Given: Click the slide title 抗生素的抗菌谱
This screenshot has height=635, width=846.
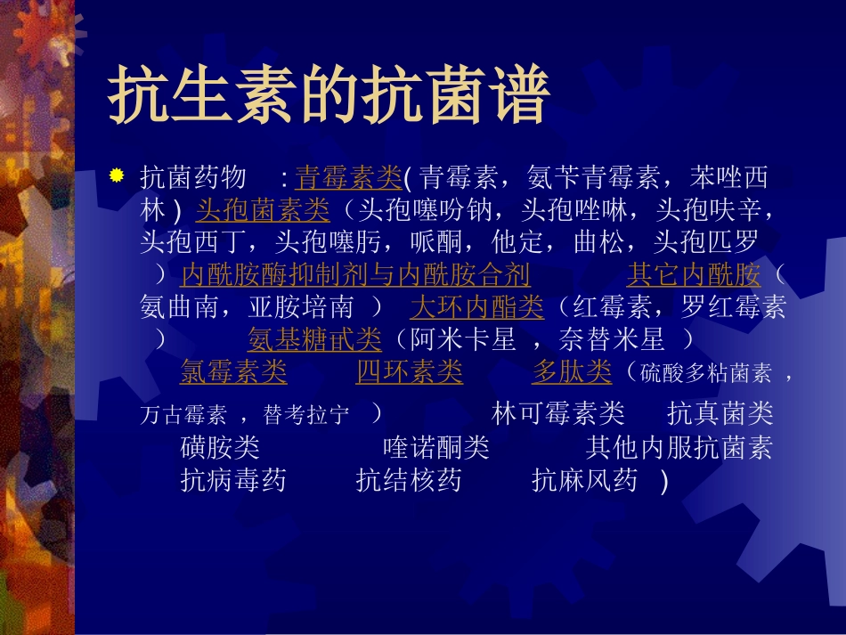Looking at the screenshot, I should (328, 95).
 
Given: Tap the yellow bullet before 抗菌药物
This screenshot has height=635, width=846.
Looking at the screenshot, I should (115, 175).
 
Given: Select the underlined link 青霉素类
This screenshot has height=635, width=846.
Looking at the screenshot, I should (348, 178).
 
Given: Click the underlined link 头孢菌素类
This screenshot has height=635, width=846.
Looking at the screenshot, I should (263, 211).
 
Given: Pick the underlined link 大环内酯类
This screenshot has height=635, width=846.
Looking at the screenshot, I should (476, 307).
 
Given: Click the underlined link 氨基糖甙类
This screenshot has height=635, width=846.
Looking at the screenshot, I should (314, 339).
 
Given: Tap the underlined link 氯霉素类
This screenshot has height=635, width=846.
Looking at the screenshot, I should (233, 372).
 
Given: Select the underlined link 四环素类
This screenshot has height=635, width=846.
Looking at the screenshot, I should (410, 372).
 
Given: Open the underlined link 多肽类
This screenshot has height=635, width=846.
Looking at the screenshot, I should (572, 372).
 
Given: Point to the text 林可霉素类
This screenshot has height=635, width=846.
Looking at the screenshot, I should (558, 414).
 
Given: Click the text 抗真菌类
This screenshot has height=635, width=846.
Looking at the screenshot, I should (720, 414).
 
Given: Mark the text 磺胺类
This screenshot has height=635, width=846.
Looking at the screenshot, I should (220, 447).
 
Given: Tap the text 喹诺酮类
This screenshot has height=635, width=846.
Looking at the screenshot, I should (436, 447).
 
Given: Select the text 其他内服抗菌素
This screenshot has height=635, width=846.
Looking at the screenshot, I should (679, 447).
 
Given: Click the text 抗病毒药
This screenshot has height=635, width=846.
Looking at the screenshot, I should (233, 481).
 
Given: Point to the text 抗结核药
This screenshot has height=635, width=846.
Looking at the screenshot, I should (409, 481).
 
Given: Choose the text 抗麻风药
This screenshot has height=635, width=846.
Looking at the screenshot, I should (585, 481).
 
